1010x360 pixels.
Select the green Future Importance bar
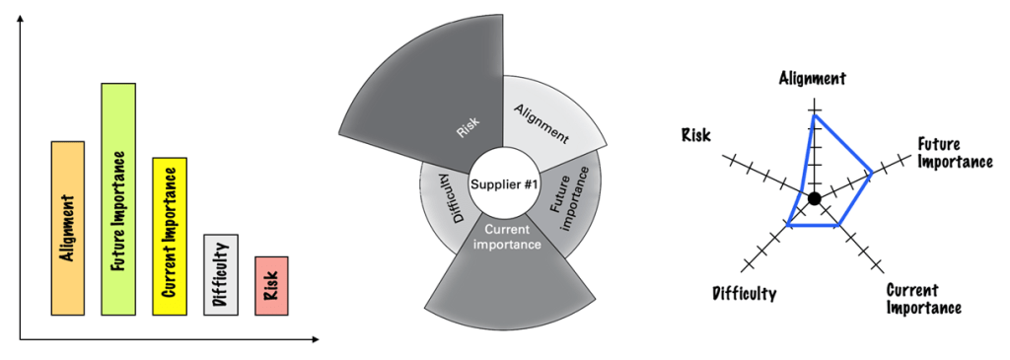tap(118, 199)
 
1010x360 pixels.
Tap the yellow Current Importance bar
tap(170, 236)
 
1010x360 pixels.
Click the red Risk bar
tap(271, 286)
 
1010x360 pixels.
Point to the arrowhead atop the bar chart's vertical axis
tap(20, 21)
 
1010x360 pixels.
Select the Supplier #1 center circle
tap(503, 184)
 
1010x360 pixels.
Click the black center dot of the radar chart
tap(814, 199)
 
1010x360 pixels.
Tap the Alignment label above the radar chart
tap(813, 78)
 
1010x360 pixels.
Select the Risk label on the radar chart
tap(696, 134)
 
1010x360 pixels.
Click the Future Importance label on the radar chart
tap(954, 152)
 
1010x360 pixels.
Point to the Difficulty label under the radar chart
tap(744, 293)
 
